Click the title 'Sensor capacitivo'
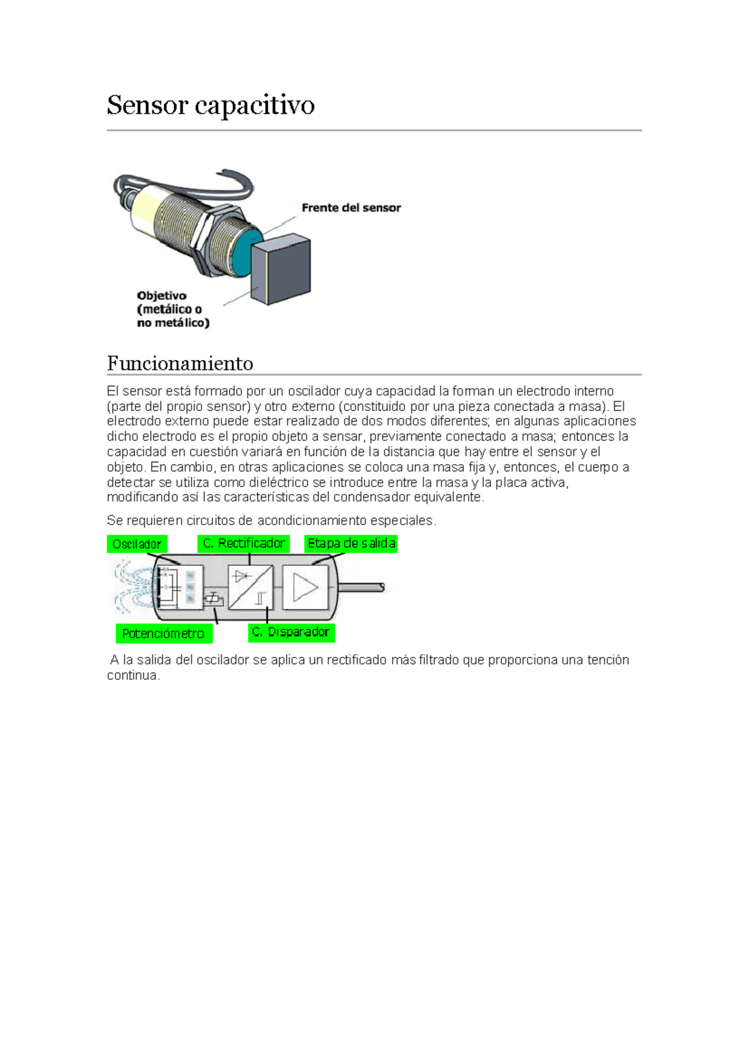[x=211, y=106]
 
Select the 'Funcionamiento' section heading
[x=180, y=363]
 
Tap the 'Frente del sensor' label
[x=351, y=208]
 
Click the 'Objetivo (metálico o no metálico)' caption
[x=173, y=309]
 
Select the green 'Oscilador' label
[x=137, y=544]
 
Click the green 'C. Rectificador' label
[x=243, y=543]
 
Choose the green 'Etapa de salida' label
[x=351, y=543]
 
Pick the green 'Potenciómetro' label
[x=164, y=633]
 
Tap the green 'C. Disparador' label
[x=291, y=633]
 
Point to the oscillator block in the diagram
[x=180, y=587]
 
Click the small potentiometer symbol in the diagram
[x=213, y=599]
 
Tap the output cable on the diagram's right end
[x=361, y=588]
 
